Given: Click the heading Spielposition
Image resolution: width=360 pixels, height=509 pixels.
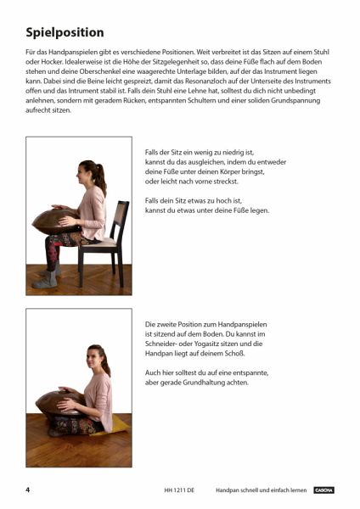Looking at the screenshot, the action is point(65,33).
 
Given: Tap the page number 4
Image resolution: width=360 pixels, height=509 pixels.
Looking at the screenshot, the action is point(28,489).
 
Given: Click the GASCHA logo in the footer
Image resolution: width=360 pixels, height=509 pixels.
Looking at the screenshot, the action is point(324,490).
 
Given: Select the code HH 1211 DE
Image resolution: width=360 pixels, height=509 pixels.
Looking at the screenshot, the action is point(179,490).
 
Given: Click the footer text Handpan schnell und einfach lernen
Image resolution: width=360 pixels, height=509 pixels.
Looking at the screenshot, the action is point(261,490).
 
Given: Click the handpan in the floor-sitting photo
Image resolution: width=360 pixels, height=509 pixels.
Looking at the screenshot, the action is point(60,402).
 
